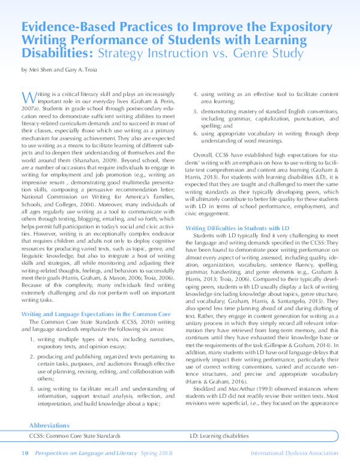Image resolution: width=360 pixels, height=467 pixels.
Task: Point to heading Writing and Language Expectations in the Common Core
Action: pos(96,314)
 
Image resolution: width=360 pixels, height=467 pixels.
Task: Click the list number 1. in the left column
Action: pos(33,340)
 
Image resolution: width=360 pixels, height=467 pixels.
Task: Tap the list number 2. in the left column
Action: pos(33,357)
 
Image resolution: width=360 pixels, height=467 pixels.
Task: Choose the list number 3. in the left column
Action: pos(33,388)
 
